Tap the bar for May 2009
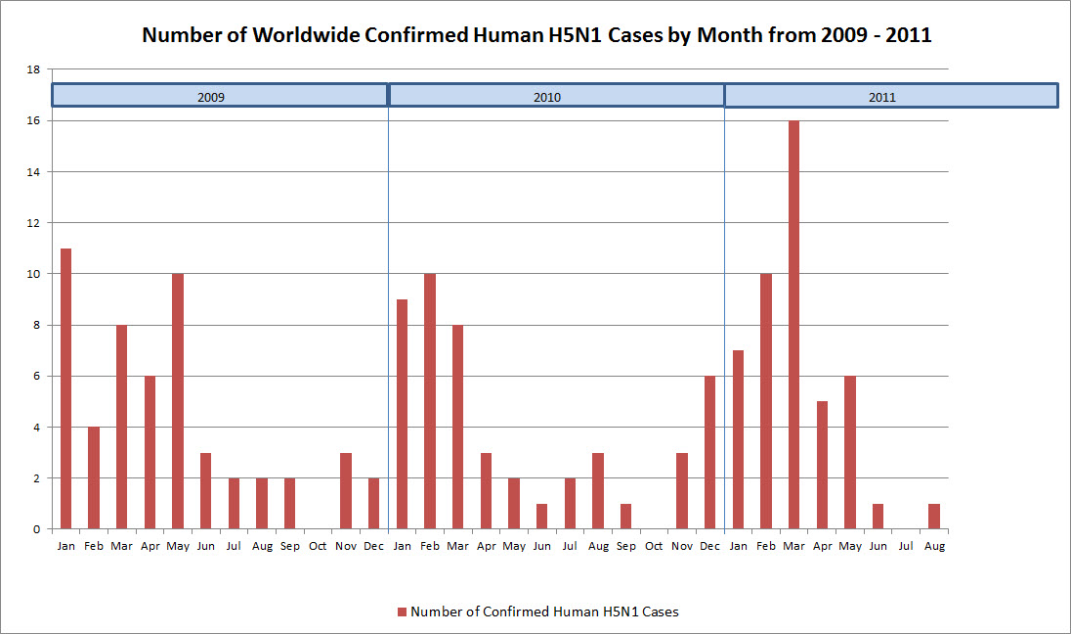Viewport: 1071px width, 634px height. [x=178, y=401]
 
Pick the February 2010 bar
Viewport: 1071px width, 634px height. [x=430, y=401]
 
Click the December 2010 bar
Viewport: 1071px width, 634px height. [x=710, y=452]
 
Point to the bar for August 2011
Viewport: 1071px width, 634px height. [x=934, y=516]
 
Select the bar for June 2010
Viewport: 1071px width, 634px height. [x=542, y=516]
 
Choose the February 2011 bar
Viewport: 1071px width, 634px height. [x=766, y=401]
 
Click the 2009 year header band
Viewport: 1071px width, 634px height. [x=220, y=96]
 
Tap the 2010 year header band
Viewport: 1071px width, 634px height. [x=556, y=96]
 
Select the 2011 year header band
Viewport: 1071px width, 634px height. [x=891, y=96]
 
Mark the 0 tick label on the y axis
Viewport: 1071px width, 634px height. [x=36, y=529]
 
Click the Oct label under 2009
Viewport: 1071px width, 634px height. [x=318, y=546]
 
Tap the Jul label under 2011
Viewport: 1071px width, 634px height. [x=906, y=546]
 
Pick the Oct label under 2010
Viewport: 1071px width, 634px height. [x=654, y=546]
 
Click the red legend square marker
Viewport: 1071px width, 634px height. [x=402, y=612]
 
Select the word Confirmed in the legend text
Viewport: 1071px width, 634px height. [x=499, y=612]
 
